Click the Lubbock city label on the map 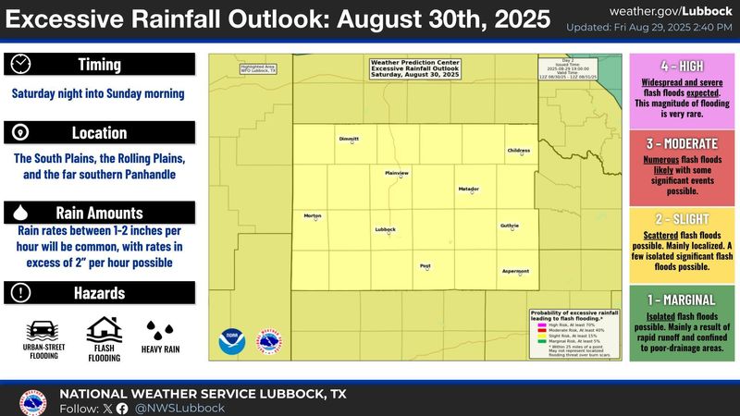coord(385,228)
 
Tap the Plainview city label coord(397,173)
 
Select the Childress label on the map coord(518,150)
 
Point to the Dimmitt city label coord(349,139)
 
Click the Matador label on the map coord(469,189)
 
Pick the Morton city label coord(313,215)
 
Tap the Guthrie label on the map coord(510,225)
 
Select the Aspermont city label coord(515,271)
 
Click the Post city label coord(425,265)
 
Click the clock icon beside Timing coord(21,64)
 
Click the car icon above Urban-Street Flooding coord(42,330)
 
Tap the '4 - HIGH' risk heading coord(683,67)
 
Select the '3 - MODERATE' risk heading coord(683,145)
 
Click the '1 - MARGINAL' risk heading coord(683,300)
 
